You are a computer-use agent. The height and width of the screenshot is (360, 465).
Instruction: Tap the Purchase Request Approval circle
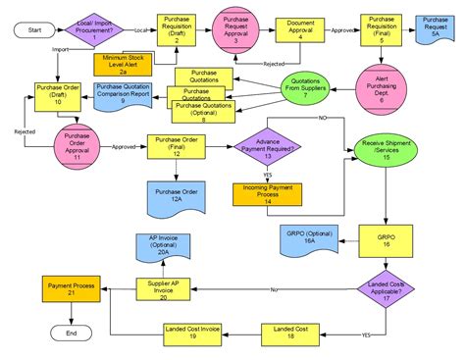click(235, 31)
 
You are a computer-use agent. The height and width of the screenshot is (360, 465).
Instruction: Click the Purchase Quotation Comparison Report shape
click(123, 95)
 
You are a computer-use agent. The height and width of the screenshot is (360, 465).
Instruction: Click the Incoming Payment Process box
click(267, 192)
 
